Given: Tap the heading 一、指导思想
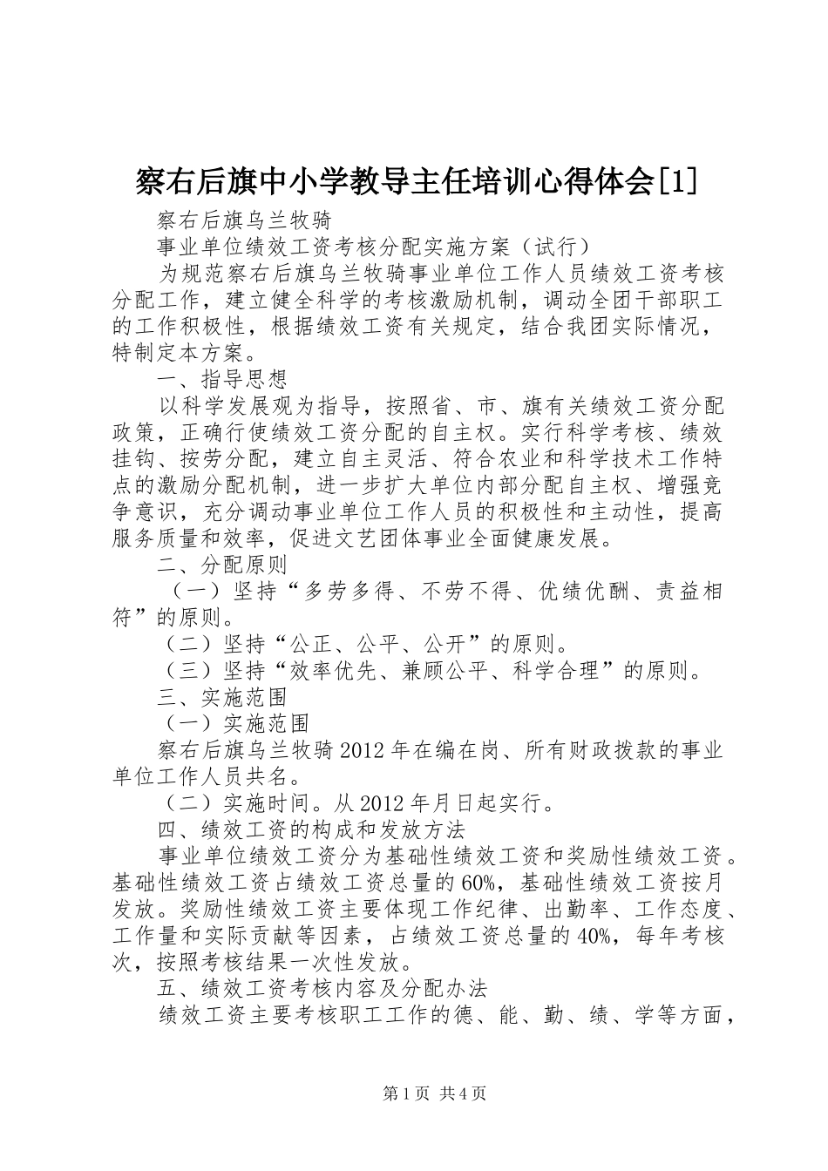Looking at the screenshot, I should [222, 378].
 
